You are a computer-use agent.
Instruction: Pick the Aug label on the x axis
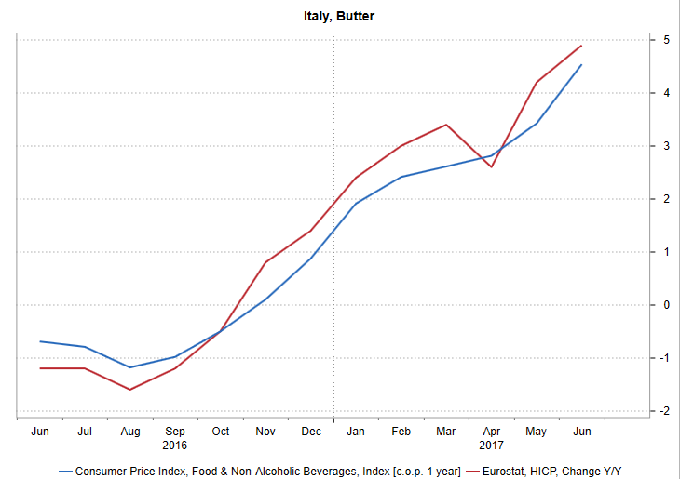click(130, 432)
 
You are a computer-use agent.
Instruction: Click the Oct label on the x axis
click(221, 432)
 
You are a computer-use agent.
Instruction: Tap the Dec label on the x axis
click(311, 432)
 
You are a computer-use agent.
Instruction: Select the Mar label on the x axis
click(446, 432)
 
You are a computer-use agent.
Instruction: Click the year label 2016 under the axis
click(175, 446)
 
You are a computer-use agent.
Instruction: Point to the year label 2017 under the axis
click(492, 446)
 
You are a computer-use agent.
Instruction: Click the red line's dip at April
click(491, 166)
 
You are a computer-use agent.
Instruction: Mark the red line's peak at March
click(446, 125)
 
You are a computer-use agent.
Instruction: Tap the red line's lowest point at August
click(130, 389)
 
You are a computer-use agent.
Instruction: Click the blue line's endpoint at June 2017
click(581, 65)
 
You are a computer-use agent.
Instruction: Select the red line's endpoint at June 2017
click(581, 46)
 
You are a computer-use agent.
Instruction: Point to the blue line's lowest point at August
click(130, 367)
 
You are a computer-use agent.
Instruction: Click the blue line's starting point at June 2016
click(40, 341)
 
